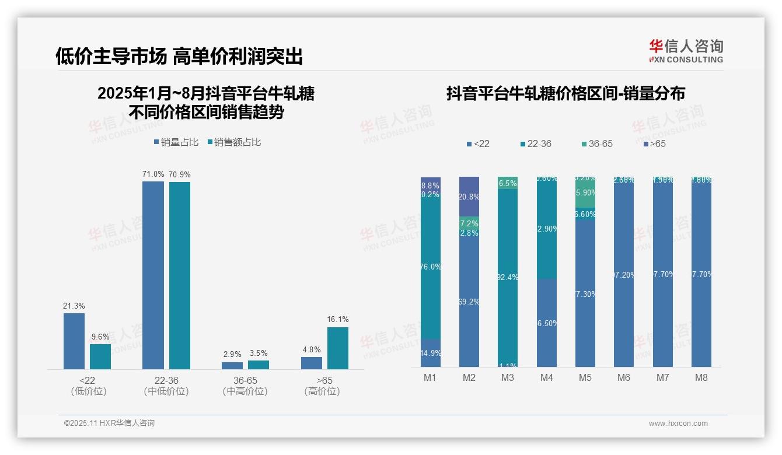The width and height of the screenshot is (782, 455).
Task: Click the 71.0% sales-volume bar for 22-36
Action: pyautogui.click(x=153, y=275)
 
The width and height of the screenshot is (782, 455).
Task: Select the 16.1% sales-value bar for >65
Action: pyautogui.click(x=337, y=348)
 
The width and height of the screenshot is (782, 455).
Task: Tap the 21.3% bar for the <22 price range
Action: pyautogui.click(x=74, y=341)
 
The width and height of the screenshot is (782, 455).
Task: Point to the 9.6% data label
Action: pyautogui.click(x=100, y=337)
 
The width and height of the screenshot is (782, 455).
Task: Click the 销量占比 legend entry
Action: pyautogui.click(x=176, y=142)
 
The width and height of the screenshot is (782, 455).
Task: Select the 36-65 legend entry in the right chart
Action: pyautogui.click(x=598, y=143)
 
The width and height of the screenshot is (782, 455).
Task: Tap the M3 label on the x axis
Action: pyautogui.click(x=508, y=377)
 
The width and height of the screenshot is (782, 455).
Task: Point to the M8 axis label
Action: pyautogui.click(x=701, y=377)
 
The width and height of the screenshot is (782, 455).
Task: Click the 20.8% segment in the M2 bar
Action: pyautogui.click(x=469, y=197)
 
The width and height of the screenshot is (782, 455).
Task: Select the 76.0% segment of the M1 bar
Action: pyautogui.click(x=431, y=267)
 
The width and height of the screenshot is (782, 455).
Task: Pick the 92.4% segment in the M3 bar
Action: pyautogui.click(x=508, y=277)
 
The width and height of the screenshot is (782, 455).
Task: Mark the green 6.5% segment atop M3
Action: pyautogui.click(x=508, y=183)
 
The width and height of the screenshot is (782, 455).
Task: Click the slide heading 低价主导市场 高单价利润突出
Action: pyautogui.click(x=179, y=56)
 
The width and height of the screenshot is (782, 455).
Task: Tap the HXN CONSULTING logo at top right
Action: pyautogui.click(x=686, y=51)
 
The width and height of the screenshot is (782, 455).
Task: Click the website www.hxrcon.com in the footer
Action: pyautogui.click(x=678, y=423)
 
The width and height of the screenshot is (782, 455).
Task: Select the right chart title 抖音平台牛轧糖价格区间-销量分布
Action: pyautogui.click(x=565, y=93)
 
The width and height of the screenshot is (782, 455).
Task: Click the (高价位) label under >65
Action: pyautogui.click(x=322, y=391)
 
